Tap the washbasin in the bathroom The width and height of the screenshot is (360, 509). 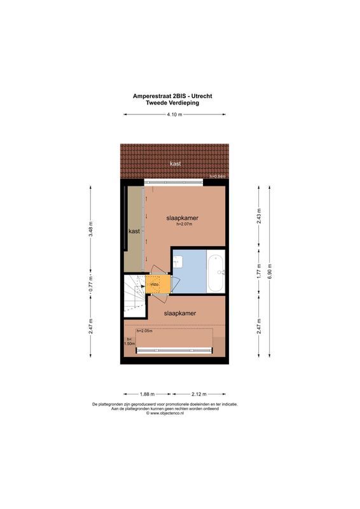[179, 260]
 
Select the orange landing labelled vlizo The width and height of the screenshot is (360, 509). [156, 284]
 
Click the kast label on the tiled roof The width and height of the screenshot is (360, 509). [175, 164]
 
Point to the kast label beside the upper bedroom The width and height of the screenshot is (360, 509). [134, 231]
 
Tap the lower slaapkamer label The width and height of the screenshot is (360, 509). [179, 313]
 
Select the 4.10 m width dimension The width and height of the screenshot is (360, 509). [174, 115]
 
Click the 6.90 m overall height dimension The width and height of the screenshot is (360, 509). [270, 270]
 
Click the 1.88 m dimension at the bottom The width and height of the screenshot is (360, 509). [147, 394]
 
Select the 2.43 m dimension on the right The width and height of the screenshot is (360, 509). [258, 216]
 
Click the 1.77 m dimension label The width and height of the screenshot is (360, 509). [258, 270]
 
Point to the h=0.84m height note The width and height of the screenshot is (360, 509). [218, 177]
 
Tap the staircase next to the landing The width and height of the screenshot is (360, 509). [134, 295]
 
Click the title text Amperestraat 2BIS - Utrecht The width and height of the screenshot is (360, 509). [172, 95]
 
